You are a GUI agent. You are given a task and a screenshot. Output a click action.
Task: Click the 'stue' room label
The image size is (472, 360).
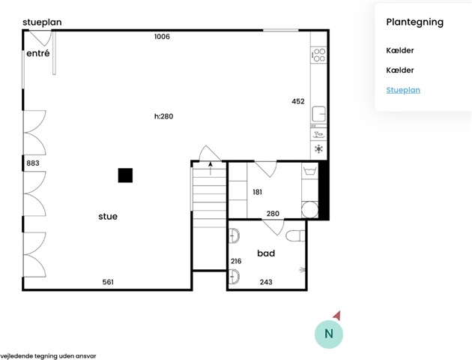coord(108,216)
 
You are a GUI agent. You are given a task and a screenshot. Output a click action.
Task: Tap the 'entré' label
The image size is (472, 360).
coord(38,53)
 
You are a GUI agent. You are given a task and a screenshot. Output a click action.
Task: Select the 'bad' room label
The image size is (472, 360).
coord(266,253)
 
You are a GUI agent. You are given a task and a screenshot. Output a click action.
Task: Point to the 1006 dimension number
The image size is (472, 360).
coord(162,37)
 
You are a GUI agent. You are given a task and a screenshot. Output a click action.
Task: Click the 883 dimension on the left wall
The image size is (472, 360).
coord(33,163)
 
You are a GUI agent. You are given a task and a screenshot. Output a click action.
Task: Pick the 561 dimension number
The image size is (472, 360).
coord(108,282)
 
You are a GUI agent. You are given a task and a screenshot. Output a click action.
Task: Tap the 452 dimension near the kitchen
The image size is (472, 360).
coord(298,101)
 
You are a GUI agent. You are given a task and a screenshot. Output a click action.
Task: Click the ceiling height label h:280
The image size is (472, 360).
coord(164,116)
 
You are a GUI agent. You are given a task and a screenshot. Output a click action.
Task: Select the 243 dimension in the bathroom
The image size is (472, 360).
coord(266,282)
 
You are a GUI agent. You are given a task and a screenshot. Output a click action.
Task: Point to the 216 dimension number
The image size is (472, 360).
coord(236,261)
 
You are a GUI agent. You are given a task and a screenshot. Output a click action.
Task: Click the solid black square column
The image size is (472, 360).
coord(125,175)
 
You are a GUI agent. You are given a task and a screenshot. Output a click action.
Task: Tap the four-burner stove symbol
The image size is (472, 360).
coord(318,55)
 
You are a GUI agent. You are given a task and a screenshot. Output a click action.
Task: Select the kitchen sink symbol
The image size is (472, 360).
coord(318,114)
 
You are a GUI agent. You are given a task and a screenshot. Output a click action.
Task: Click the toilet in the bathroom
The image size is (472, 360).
coord(295,236)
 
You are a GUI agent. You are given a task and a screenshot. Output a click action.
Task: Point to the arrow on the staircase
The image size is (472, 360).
coord(211,168)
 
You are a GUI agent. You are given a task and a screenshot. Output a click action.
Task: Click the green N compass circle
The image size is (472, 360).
coord(329,334)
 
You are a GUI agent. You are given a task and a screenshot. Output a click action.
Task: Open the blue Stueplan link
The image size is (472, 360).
coord(403,90)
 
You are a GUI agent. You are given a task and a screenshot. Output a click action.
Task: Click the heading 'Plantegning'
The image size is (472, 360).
coord(415,22)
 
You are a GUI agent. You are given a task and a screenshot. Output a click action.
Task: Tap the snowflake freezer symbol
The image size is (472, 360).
coord(318,148)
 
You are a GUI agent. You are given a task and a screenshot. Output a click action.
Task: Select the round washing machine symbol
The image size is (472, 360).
coord(309,209)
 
